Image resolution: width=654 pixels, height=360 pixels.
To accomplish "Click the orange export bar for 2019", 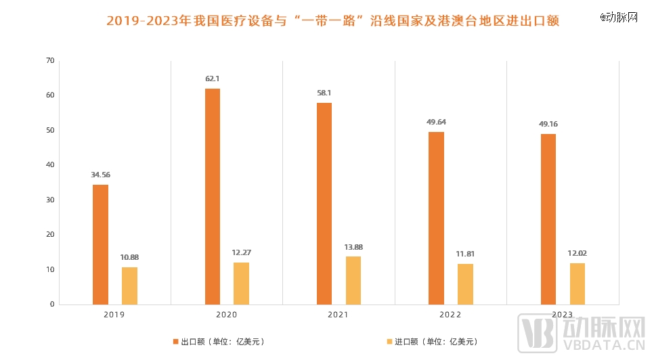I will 100,244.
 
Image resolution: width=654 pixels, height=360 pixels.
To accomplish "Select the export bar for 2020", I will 213,196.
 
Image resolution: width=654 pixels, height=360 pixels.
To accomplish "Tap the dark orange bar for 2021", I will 324,203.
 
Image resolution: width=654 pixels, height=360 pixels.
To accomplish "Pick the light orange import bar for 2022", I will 465,284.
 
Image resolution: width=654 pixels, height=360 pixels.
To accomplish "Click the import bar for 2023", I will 577,284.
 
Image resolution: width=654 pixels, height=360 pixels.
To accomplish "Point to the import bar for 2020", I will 241,283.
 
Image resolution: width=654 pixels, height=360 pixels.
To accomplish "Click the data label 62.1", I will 213,78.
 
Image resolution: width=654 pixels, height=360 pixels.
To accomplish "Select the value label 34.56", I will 100,175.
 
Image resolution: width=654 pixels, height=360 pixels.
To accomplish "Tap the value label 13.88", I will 353,247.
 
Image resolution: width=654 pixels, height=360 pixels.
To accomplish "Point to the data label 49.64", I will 437,122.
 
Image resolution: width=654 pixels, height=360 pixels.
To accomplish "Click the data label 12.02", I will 577,253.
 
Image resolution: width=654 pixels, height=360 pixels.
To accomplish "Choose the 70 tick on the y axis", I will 49,60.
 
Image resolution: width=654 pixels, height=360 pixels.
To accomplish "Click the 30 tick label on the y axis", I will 49,200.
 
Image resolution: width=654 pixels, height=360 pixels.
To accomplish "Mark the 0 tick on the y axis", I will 51,305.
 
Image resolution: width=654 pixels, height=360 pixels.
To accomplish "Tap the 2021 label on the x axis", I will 339,315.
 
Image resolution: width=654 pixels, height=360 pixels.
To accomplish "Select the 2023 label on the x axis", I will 563,315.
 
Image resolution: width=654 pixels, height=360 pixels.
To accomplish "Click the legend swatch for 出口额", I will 175,342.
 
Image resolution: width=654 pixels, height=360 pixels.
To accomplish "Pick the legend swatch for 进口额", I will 389,342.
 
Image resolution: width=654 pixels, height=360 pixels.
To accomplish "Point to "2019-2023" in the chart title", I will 141,22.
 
